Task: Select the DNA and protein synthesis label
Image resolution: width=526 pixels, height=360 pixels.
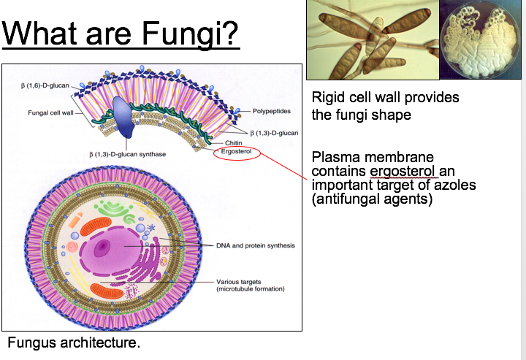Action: pos(255,245)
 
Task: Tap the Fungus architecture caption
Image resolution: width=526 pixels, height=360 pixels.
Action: pos(73,342)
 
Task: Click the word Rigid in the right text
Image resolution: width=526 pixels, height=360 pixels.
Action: pos(329,98)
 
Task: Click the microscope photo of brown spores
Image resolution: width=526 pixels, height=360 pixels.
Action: pos(371,39)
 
